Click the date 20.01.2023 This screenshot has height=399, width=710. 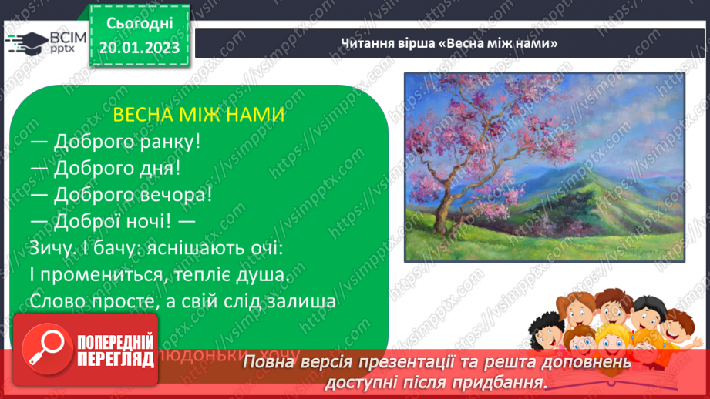tap(140, 48)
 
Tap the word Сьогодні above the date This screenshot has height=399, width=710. tap(140, 25)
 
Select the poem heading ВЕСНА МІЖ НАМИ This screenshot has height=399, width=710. tap(199, 116)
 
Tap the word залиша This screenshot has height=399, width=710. tap(297, 300)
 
